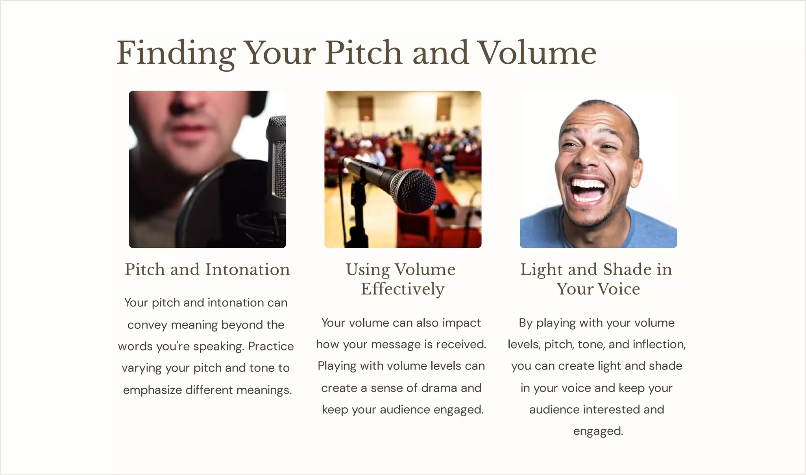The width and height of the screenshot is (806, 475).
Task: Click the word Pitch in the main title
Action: (363, 53)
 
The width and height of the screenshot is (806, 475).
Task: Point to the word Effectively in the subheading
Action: (403, 289)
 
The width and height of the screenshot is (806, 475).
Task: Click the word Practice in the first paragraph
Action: (271, 347)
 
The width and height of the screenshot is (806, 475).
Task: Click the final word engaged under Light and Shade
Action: (598, 431)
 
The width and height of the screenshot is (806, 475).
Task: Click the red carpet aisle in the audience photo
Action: (413, 158)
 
